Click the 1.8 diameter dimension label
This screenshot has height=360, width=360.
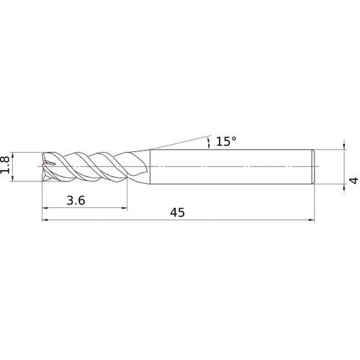tap(5, 165)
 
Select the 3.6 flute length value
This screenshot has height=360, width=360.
tap(76, 200)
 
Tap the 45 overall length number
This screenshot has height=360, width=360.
tap(178, 212)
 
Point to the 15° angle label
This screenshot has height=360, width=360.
tap(226, 141)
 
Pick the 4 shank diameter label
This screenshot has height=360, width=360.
tap(354, 181)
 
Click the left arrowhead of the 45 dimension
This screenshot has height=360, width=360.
tap(45, 220)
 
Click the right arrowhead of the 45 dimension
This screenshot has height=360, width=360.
tap(312, 220)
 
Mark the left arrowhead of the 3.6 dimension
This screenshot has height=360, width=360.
tap(45, 208)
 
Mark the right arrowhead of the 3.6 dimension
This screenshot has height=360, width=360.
tap(125, 208)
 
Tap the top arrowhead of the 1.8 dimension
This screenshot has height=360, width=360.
tap(13, 155)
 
